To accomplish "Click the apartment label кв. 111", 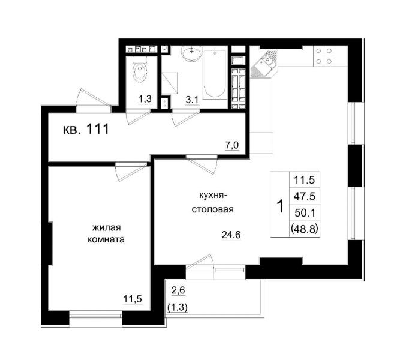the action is [x=86, y=130].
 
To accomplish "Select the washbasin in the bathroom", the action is [x=191, y=54].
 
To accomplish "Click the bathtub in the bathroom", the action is [x=215, y=74].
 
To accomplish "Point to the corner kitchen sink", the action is [x=264, y=65].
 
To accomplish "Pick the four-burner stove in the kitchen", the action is [x=324, y=56].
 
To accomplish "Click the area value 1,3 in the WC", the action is [x=145, y=99].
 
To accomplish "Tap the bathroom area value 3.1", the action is [x=192, y=100].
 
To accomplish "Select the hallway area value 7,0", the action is [x=232, y=145].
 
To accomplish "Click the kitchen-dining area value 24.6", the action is [x=231, y=235].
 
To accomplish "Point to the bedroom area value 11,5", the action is [x=133, y=299].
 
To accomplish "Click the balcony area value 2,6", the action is [x=178, y=290].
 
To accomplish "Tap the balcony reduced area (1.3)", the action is [x=178, y=307].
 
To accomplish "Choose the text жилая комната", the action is [x=106, y=233].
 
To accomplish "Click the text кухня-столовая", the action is [x=212, y=203].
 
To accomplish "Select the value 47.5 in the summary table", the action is [x=305, y=196].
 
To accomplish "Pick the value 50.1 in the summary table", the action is [x=305, y=212].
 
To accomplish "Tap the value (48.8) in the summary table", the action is [x=304, y=229].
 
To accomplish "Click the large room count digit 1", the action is [x=280, y=206].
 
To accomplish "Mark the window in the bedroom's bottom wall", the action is [x=95, y=315].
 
